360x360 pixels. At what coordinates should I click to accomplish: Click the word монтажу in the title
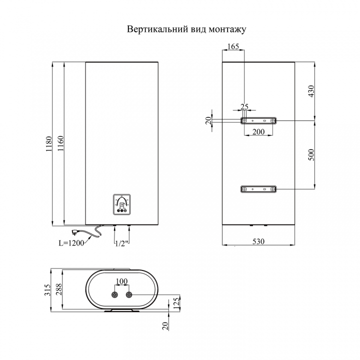[227, 29]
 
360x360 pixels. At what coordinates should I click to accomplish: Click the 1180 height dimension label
[49, 143]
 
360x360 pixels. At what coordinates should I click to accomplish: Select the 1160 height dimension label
[60, 143]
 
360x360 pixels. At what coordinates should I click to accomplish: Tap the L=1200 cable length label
[71, 243]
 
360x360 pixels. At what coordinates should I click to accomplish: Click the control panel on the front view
[121, 204]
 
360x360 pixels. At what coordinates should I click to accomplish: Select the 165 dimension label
[233, 46]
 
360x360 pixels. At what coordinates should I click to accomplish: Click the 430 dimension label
[311, 91]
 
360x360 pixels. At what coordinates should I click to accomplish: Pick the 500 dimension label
[311, 154]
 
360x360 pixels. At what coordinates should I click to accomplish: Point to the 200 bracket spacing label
[258, 132]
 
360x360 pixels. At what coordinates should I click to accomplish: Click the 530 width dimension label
[258, 241]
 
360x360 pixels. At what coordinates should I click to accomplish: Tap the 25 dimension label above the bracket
[244, 106]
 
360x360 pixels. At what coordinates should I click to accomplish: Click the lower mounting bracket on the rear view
[258, 189]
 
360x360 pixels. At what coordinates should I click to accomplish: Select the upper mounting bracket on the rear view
[258, 120]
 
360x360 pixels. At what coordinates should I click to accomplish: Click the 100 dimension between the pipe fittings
[121, 281]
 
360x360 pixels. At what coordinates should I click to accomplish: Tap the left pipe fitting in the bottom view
[114, 295]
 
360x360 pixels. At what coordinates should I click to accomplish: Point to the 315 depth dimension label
[47, 289]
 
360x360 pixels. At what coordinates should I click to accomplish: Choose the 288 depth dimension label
[58, 289]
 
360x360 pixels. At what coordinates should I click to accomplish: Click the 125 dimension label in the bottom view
[176, 304]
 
